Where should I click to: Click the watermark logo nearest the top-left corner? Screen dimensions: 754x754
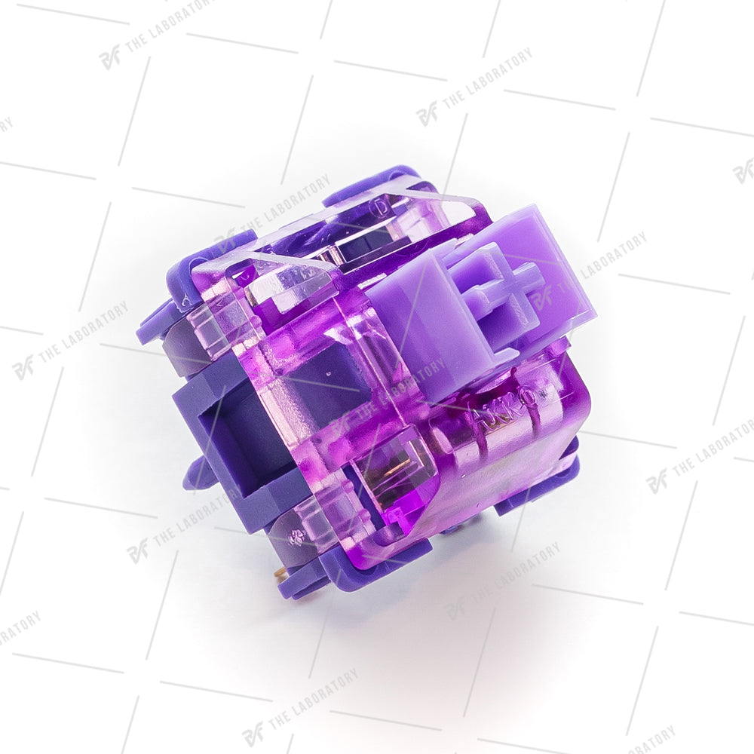110,57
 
